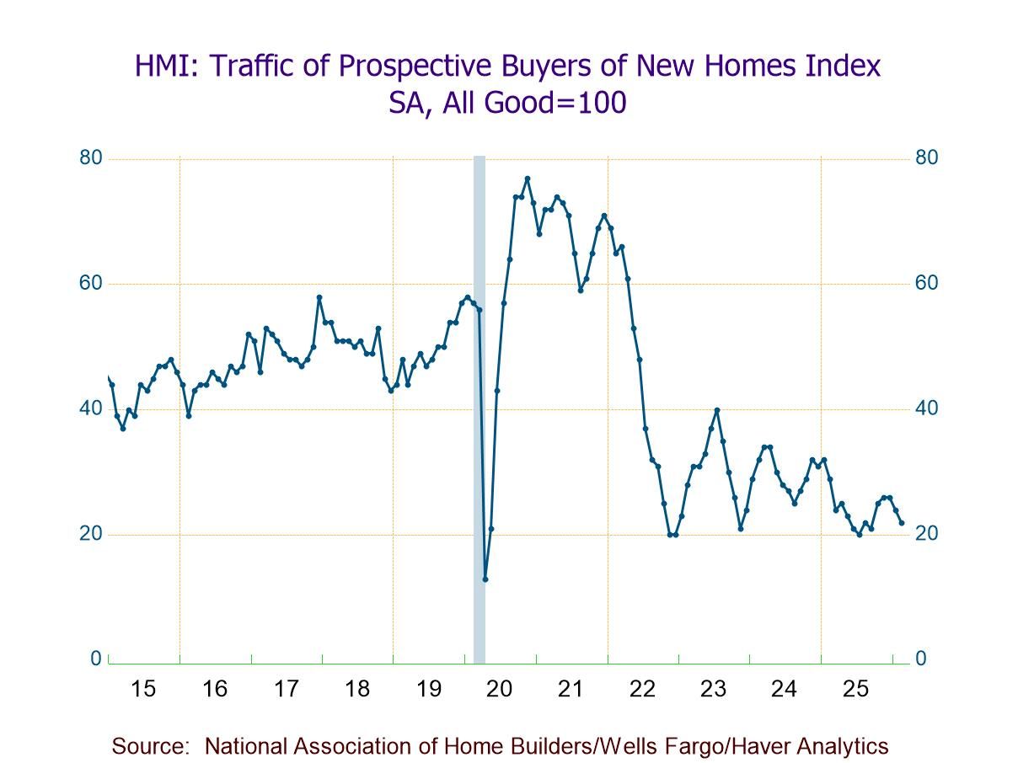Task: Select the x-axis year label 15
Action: [143, 689]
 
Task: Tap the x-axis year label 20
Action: [500, 689]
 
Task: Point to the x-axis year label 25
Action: [855, 689]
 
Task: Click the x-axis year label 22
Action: [642, 689]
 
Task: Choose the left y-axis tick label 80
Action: [91, 158]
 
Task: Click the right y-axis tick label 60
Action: [927, 283]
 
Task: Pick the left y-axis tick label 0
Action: [96, 659]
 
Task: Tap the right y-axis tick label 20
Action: [927, 534]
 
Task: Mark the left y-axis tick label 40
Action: [91, 408]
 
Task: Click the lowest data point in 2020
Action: [485, 579]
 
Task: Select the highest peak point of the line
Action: [528, 179]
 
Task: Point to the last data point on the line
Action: [903, 523]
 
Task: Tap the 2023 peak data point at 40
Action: [717, 410]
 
